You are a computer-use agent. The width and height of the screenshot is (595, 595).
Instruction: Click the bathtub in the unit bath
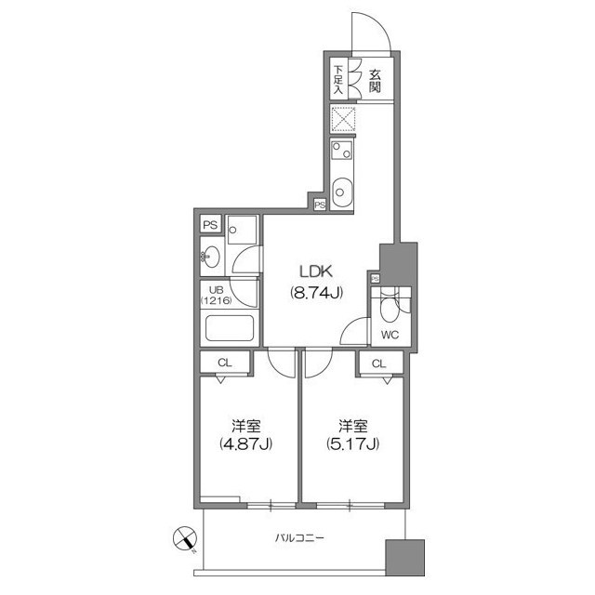[x=229, y=329]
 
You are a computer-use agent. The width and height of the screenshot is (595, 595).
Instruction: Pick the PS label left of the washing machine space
[x=209, y=225]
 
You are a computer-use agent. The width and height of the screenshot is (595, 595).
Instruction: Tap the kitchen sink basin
[x=341, y=191]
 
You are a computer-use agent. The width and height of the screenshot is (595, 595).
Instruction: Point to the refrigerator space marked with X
[x=342, y=119]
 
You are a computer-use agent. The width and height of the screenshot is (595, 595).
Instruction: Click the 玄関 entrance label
[x=374, y=80]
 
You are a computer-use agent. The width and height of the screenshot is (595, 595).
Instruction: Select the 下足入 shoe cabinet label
[x=338, y=80]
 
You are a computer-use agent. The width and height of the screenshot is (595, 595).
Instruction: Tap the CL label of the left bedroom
[x=225, y=363]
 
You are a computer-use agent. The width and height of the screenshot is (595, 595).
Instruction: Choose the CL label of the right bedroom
[x=379, y=363]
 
